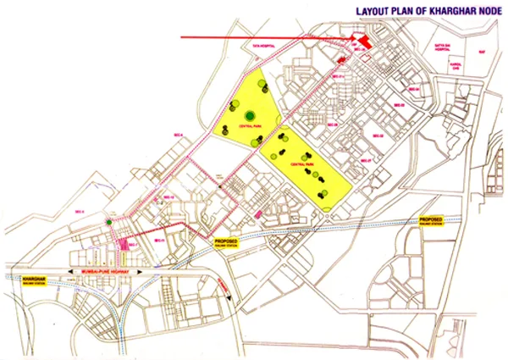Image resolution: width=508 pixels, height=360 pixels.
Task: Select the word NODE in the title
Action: pos(486,12)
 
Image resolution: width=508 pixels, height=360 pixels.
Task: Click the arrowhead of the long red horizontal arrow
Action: pos(349,38)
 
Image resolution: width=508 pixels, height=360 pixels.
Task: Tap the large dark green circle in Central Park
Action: pos(250,116)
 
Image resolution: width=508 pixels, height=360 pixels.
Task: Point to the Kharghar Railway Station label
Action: pos(35,280)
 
